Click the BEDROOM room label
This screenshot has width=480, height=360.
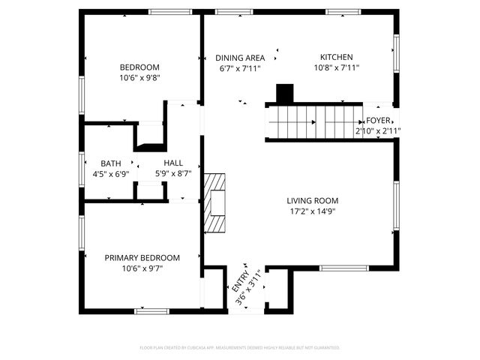tap(139, 66)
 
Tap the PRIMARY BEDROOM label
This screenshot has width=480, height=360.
tap(142, 257)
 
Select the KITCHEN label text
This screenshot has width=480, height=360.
tap(336, 57)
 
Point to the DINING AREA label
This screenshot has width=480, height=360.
tap(240, 58)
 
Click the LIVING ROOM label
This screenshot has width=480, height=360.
tap(312, 200)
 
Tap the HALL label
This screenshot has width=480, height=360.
tap(173, 163)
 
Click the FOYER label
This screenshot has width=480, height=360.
tap(378, 121)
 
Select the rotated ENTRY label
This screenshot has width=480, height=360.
tap(241, 280)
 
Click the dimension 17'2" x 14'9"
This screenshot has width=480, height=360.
tap(312, 211)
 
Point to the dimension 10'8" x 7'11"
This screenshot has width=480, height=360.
tap(336, 68)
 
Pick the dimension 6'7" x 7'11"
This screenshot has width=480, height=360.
tap(240, 69)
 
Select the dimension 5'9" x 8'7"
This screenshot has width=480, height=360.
tap(173, 174)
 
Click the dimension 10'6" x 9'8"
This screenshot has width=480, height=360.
tap(139, 77)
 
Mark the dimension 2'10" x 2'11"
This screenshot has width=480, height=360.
tap(378, 131)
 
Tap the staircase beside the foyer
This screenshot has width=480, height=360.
tap(313, 122)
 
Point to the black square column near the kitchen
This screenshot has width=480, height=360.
tap(285, 94)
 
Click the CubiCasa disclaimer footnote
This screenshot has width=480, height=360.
tap(240, 348)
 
